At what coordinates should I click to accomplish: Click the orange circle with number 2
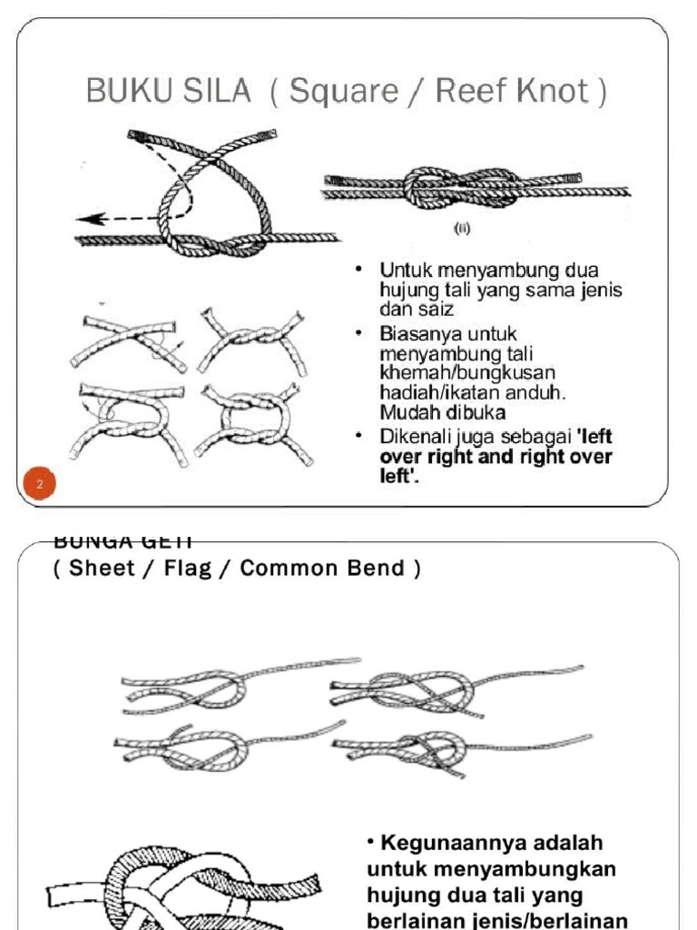pyautogui.click(x=39, y=484)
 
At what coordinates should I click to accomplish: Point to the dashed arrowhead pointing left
pyautogui.click(x=86, y=219)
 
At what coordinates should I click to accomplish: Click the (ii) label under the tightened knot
pyautogui.click(x=463, y=230)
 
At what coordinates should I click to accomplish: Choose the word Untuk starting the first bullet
pyautogui.click(x=405, y=270)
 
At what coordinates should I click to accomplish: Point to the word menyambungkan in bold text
pyautogui.click(x=492, y=868)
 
